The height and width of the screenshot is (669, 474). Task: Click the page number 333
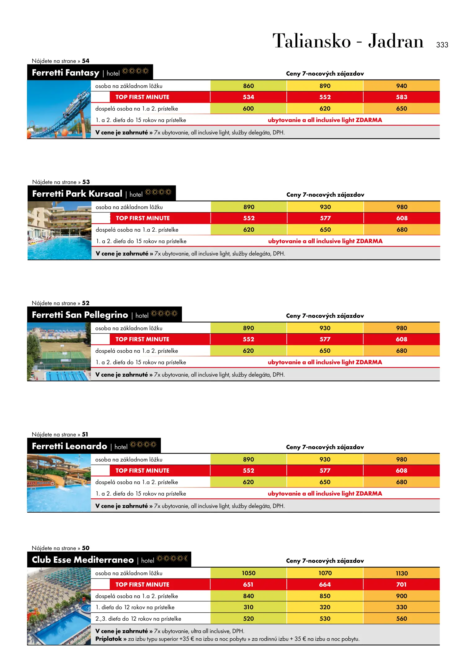[442, 45]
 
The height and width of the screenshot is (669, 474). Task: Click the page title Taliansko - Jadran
[348, 41]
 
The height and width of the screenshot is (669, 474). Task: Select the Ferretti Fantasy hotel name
[65, 73]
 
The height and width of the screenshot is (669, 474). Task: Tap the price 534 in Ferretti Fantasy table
[248, 97]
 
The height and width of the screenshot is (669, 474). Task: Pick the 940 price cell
[401, 86]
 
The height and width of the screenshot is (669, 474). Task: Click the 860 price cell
[248, 86]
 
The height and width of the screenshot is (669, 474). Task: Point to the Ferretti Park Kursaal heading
[77, 194]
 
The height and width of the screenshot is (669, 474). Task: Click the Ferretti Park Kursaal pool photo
[59, 230]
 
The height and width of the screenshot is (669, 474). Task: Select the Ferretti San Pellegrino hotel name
[80, 315]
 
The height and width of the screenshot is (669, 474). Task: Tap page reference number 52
[86, 303]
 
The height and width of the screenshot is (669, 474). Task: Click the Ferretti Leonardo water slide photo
[59, 483]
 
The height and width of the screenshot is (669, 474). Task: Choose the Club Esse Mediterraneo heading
[83, 560]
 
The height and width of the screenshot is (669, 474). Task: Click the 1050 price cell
[248, 573]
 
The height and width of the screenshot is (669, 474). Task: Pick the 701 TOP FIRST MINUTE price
[401, 585]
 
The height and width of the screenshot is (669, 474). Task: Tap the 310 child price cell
[248, 607]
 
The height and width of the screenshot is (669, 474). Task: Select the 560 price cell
[401, 619]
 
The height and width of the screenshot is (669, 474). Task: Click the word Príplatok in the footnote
[109, 639]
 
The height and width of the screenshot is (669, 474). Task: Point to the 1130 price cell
[401, 573]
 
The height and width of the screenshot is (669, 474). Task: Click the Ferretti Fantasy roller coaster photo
[59, 109]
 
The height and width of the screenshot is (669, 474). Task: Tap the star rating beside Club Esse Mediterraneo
[172, 559]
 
